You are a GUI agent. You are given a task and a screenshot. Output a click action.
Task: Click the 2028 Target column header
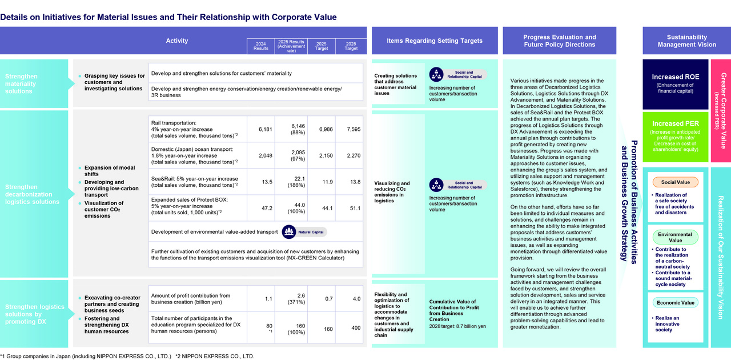tap(351, 46)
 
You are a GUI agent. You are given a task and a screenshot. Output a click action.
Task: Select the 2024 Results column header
tap(261, 46)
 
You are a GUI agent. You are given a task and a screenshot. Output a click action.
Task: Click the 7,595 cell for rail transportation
tap(354, 129)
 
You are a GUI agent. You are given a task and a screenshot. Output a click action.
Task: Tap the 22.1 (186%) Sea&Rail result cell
tap(296, 182)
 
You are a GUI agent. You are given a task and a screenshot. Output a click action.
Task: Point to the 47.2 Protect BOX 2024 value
tap(267, 208)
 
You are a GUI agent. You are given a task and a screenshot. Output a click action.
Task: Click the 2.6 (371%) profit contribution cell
tap(296, 299)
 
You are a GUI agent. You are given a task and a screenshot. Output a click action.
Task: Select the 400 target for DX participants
tap(356, 327)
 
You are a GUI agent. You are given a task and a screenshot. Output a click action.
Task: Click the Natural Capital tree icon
tap(289, 232)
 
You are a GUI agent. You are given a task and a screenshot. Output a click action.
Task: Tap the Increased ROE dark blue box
tap(675, 84)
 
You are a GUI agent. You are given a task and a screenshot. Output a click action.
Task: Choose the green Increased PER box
tap(675, 137)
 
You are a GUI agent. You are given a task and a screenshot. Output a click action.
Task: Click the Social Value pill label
tap(675, 182)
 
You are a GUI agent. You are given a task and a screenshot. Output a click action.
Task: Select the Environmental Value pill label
tap(675, 237)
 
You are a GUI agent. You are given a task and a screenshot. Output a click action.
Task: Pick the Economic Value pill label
tap(675, 303)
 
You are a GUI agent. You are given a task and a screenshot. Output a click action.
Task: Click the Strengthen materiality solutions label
tap(21, 83)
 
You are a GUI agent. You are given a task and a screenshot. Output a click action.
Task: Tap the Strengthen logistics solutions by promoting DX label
tap(35, 314)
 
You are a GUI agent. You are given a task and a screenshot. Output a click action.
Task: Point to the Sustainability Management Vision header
tap(686, 41)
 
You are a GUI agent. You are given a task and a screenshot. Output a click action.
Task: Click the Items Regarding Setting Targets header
tap(435, 41)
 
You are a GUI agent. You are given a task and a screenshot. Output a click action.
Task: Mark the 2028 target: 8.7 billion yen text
tap(457, 326)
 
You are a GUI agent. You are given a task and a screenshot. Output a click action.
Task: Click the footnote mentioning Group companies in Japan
tap(86, 356)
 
